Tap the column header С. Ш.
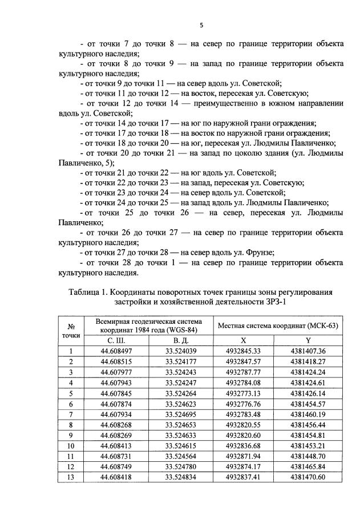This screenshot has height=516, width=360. pos(116,340)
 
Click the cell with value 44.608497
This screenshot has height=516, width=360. pos(116,351)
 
